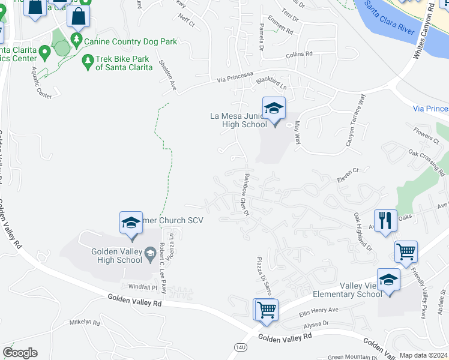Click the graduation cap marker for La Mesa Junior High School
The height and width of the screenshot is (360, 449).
point(274,109)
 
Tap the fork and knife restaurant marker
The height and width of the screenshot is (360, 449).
point(384,220)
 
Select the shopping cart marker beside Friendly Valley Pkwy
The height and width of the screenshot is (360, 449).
point(406,252)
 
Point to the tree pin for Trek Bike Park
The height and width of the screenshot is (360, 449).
point(88,61)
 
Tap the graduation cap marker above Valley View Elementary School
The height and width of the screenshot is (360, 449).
point(388,280)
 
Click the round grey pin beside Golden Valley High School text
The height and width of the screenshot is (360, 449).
point(149,257)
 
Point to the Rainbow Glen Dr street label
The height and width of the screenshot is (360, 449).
point(246,195)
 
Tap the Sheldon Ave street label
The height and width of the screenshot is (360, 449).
point(166,74)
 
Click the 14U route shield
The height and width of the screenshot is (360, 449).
point(239,347)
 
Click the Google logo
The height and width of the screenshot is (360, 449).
point(20,353)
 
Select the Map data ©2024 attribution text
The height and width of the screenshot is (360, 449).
point(423,355)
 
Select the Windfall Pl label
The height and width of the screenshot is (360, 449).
point(138,287)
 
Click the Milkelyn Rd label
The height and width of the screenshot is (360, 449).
point(84,322)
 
